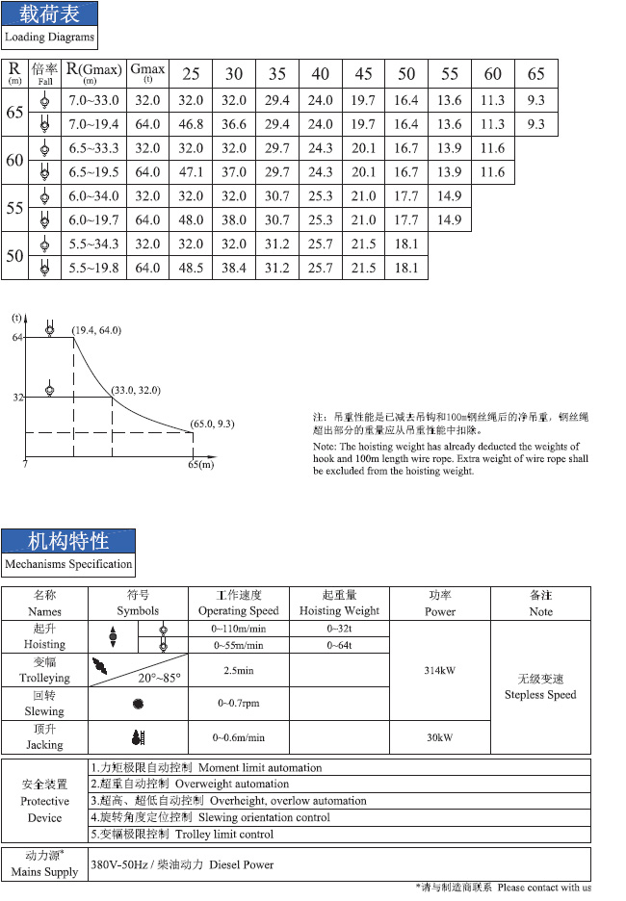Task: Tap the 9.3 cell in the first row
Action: [x=536, y=100]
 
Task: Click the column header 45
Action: [x=363, y=74]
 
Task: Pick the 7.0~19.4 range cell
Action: [x=93, y=124]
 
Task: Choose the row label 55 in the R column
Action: [x=14, y=208]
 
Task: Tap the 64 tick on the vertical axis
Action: [x=16, y=337]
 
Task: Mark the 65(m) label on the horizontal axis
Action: [x=200, y=465]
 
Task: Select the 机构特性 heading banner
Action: [x=68, y=540]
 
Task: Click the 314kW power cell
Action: [x=439, y=670]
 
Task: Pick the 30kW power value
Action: [x=439, y=737]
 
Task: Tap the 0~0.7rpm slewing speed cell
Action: [x=238, y=704]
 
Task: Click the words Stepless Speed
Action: [x=540, y=695]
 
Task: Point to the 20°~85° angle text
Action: [x=159, y=677]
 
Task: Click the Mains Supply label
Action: [x=44, y=872]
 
